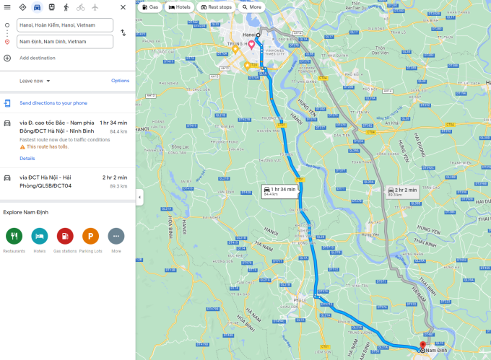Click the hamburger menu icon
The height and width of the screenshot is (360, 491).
coord(7,7)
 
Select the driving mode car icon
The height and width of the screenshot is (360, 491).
coord(37,7)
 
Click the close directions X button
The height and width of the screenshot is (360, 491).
coord(123,7)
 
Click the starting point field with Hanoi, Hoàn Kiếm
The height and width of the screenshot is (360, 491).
coord(66,25)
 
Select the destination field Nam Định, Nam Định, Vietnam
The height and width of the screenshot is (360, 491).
coord(66,42)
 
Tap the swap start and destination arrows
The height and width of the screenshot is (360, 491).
coord(123,33)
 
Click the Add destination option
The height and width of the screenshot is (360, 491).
coord(37,58)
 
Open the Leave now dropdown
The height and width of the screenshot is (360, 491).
coord(35,81)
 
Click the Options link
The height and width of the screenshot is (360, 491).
coord(120,81)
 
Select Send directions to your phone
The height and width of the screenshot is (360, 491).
coord(53,103)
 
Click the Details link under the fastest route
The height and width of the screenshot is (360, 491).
coord(27,158)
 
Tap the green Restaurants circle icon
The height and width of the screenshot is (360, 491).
coord(14,235)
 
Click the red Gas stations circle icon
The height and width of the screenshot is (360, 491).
coord(65,235)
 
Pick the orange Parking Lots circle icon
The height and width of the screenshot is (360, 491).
coord(90,235)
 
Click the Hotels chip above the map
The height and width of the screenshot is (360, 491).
coord(180,7)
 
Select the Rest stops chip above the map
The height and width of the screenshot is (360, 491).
coord(216,7)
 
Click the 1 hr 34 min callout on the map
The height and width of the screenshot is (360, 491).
coord(278,191)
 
